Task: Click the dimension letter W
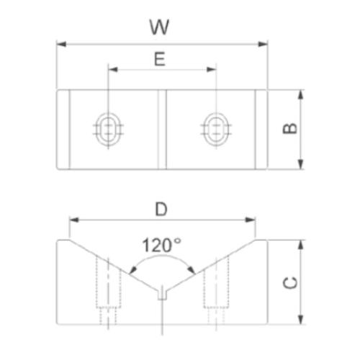coord(159,27)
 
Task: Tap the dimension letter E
coord(160,58)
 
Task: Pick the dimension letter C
coord(289,282)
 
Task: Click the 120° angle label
coord(161,244)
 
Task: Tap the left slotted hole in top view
coord(108,130)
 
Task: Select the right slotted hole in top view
coord(215,130)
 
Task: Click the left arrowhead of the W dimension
coord(60,44)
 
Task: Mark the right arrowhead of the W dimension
coord(263,44)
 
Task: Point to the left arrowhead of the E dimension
coord(112,70)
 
